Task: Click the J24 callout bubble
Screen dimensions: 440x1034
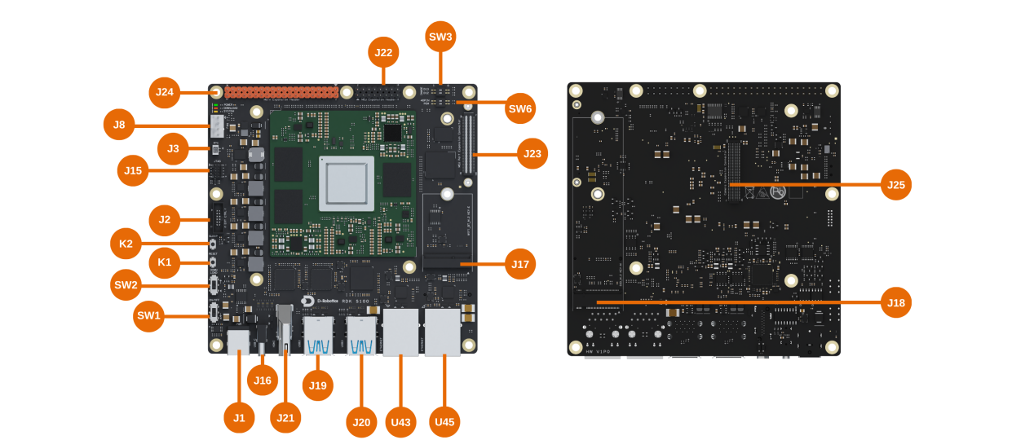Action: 165,92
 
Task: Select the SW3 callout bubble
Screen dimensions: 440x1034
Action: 440,37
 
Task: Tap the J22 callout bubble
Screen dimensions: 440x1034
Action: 383,53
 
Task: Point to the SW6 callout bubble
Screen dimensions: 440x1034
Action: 520,108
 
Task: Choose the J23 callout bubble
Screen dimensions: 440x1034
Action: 532,153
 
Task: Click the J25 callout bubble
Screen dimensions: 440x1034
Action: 895,185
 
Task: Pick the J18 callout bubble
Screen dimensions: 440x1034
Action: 895,302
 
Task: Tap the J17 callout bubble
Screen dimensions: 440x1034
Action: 520,264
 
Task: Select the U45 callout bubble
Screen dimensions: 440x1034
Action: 444,421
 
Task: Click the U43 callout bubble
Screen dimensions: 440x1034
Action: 400,421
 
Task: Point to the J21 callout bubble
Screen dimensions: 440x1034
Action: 285,417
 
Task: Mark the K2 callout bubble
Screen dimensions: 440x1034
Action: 126,243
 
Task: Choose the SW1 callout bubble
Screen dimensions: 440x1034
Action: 149,316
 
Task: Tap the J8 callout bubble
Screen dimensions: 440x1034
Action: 119,125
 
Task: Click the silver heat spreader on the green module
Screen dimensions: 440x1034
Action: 347,183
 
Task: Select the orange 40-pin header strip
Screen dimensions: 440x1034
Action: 281,93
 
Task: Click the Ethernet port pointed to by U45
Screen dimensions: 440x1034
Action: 443,332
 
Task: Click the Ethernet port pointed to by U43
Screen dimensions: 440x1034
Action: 400,332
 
